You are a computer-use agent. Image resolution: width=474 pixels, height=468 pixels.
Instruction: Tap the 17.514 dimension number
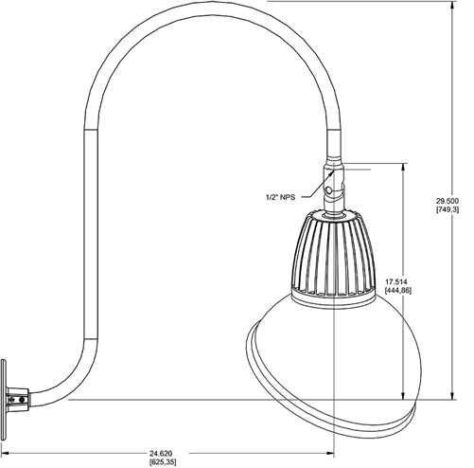[398, 281]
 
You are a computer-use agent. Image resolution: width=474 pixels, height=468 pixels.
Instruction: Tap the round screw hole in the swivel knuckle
[329, 191]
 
